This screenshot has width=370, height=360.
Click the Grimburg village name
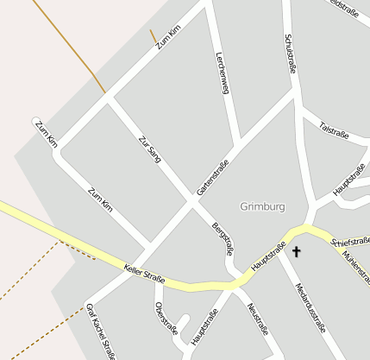pos(262,207)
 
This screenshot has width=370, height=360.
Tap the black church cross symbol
pos(298,251)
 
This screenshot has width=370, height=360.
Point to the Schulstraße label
pos(291,54)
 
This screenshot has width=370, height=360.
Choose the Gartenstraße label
pos(213,177)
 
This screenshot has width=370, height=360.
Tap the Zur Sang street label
pos(150,149)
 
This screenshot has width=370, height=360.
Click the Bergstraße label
pos(223,239)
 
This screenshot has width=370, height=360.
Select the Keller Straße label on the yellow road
pos(144,273)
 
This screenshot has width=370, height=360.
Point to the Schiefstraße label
pos(349,242)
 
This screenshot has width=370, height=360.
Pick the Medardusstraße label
pos(310,307)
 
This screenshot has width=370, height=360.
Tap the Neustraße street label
pos(257,319)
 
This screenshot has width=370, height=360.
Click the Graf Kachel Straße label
pos(100,331)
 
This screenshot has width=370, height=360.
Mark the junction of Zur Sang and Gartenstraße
pos(191,202)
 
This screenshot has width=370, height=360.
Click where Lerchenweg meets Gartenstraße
pos(239,144)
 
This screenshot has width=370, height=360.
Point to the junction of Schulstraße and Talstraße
pos(299,109)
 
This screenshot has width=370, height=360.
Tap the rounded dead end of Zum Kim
pos(37,123)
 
